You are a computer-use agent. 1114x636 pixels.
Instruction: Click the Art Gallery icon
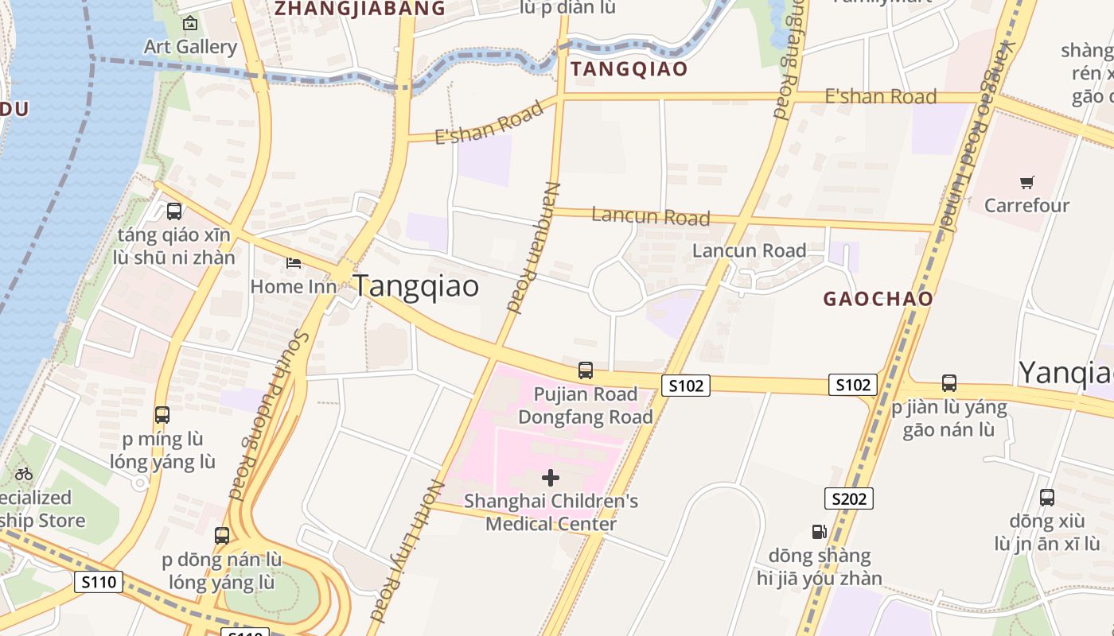[189, 24]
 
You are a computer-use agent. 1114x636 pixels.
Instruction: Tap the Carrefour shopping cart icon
[1026, 183]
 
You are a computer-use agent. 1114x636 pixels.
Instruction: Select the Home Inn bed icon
[294, 262]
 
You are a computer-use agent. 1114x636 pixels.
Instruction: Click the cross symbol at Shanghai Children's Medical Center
[551, 478]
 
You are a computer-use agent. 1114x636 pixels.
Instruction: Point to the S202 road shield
[848, 498]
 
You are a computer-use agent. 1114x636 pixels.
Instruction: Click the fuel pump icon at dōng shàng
[819, 532]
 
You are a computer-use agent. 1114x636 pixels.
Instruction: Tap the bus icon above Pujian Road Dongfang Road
[586, 370]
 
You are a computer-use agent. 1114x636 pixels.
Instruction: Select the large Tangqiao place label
[416, 286]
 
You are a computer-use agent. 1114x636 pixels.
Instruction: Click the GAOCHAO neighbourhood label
[878, 300]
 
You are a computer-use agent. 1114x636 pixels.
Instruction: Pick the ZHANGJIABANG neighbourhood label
[359, 9]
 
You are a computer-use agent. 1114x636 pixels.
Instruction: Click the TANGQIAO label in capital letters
[629, 69]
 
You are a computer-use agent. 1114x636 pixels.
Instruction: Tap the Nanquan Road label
[530, 246]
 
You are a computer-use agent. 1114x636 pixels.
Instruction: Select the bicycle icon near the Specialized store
[24, 474]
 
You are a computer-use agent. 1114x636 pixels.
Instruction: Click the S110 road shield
[99, 582]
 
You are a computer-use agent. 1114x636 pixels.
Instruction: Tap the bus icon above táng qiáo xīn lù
[174, 211]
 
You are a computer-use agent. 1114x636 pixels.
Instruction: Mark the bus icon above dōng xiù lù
[1047, 498]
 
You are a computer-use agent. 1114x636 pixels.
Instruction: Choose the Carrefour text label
[1026, 206]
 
